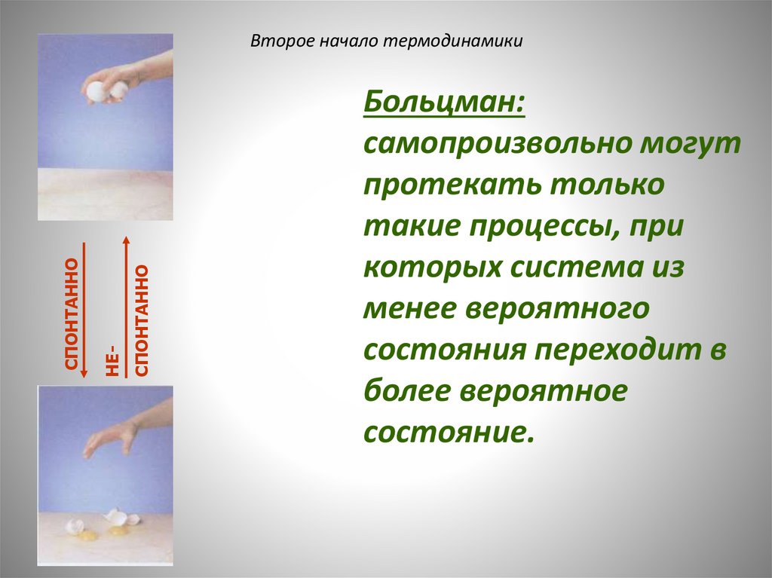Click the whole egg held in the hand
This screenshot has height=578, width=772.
[99, 91]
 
